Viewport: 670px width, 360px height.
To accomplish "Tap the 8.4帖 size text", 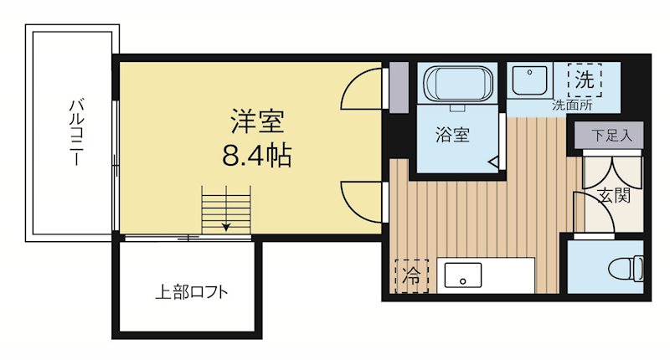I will tap(257, 155).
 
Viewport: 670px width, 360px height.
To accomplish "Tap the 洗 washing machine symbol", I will tap(584, 80).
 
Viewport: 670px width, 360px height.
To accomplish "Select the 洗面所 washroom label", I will tap(572, 106).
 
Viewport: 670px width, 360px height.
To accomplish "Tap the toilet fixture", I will tap(625, 268).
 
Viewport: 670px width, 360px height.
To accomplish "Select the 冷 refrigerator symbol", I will tap(411, 275).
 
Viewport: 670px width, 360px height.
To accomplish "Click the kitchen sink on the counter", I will tap(463, 275).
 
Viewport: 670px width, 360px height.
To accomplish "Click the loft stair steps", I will tap(226, 205).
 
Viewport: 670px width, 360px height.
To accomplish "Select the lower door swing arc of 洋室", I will tap(360, 199).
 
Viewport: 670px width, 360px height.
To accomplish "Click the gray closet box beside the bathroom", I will tap(399, 87).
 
